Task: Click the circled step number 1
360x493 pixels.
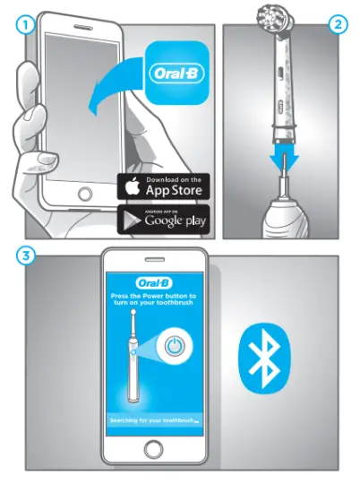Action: coord(25,25)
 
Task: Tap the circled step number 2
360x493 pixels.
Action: coord(339,25)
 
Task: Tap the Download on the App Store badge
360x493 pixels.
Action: coord(164,187)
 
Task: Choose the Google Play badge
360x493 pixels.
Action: coord(164,220)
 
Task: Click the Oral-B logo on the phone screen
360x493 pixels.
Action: coord(153,277)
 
